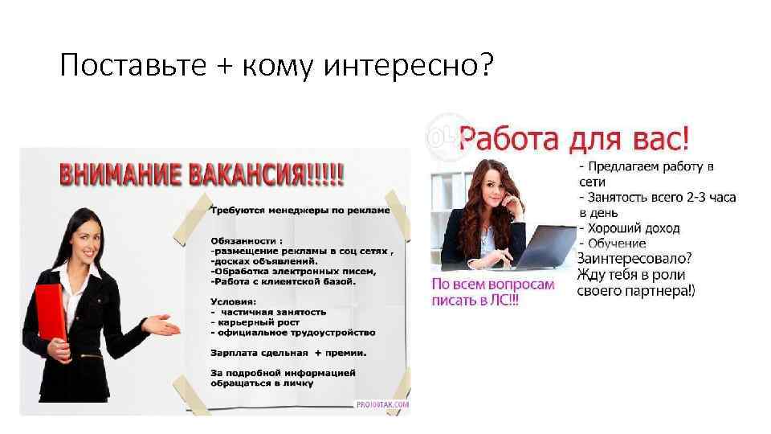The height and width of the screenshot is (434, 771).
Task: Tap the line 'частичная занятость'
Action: click(x=274, y=312)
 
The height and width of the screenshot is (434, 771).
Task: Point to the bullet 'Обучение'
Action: click(x=622, y=243)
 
